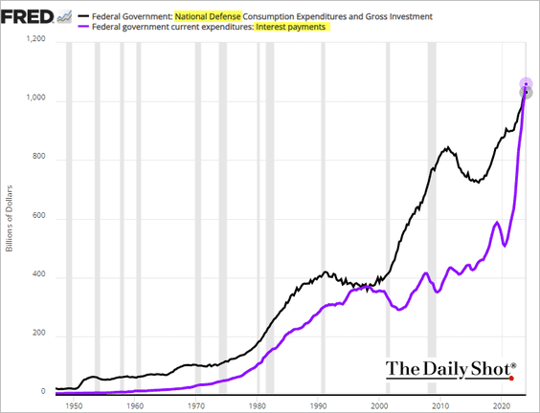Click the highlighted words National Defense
pyautogui.click(x=207, y=17)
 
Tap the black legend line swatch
pyautogui.click(x=92, y=17)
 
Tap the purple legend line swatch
pyautogui.click(x=92, y=29)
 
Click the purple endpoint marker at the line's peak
pyautogui.click(x=526, y=84)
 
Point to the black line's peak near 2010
pyautogui.click(x=447, y=148)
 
